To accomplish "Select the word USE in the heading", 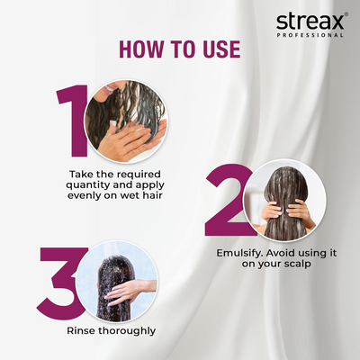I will [x=220, y=48].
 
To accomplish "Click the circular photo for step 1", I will [x=125, y=121].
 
